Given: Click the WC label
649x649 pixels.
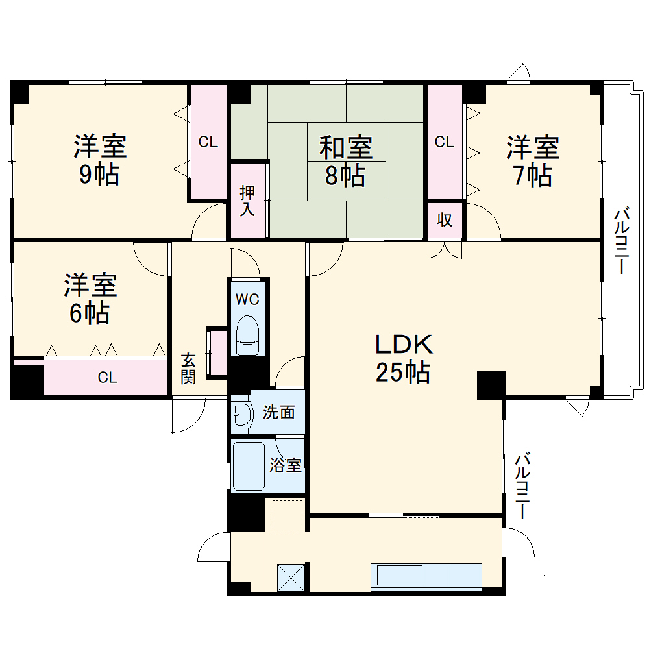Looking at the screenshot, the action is pos(247,299).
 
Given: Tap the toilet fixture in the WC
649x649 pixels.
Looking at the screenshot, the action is pos(247,335).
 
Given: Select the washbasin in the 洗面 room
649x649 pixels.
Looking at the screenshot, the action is pos(243,414).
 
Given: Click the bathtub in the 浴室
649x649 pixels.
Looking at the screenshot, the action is pos(249,466).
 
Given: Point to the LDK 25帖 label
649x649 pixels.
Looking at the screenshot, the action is pos(404,358).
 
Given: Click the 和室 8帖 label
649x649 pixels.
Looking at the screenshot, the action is pos(346,162).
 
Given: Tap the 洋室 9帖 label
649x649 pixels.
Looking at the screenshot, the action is pos(100,160).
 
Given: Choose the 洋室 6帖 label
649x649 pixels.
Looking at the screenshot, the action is pos(90,299).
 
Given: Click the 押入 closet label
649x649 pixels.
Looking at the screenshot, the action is pos(247,201).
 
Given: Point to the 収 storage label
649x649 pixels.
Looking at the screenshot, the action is pos(445,220).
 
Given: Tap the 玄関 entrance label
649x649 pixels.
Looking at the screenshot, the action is pos(188,369).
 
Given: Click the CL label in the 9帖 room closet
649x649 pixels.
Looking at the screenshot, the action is pos(208,142).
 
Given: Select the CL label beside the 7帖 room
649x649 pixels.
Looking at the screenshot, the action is pos(445,142).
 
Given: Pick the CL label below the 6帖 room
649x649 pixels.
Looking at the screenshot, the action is pos(108,378).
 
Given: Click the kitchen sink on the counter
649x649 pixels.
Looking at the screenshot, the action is pos(399,576).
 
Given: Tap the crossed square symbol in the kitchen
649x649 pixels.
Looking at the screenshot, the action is pos(291,577).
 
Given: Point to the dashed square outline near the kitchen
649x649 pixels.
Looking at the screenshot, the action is pos(288,515).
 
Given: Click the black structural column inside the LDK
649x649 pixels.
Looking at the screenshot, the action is pos(492,385).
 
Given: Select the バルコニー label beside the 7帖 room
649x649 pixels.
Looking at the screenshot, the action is pos(622,241).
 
